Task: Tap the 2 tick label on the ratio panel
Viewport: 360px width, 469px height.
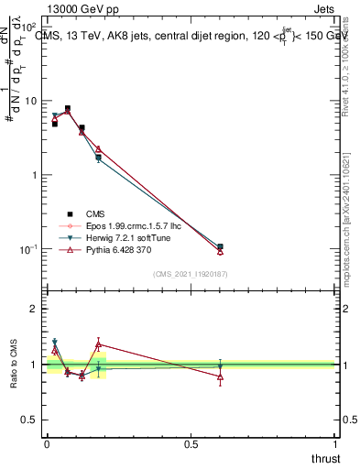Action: pyautogui.click(x=36, y=309)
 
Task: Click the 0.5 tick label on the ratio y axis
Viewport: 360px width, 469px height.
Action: pyautogui.click(x=31, y=420)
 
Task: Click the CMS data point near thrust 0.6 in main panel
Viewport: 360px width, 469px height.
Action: pyautogui.click(x=220, y=246)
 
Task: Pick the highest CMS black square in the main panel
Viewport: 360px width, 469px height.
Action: pyautogui.click(x=67, y=108)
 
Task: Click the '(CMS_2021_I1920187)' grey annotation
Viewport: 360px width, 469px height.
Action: pyautogui.click(x=190, y=274)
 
